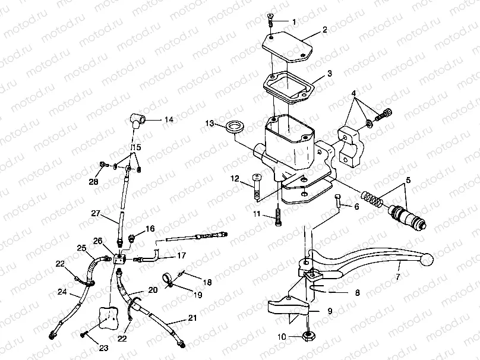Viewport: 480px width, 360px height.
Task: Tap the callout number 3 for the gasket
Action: [329, 75]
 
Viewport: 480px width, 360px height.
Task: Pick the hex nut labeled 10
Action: [309, 336]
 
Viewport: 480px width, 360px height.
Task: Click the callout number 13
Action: [209, 123]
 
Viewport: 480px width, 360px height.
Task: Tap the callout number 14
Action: [169, 119]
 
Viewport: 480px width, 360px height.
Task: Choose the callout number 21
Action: [192, 319]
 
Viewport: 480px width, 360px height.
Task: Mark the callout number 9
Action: [330, 310]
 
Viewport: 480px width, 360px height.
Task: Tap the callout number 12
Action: [235, 178]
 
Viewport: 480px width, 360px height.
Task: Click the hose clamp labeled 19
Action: [169, 278]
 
